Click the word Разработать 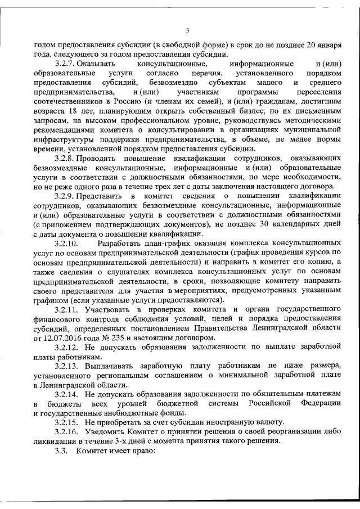(x=121, y=244)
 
